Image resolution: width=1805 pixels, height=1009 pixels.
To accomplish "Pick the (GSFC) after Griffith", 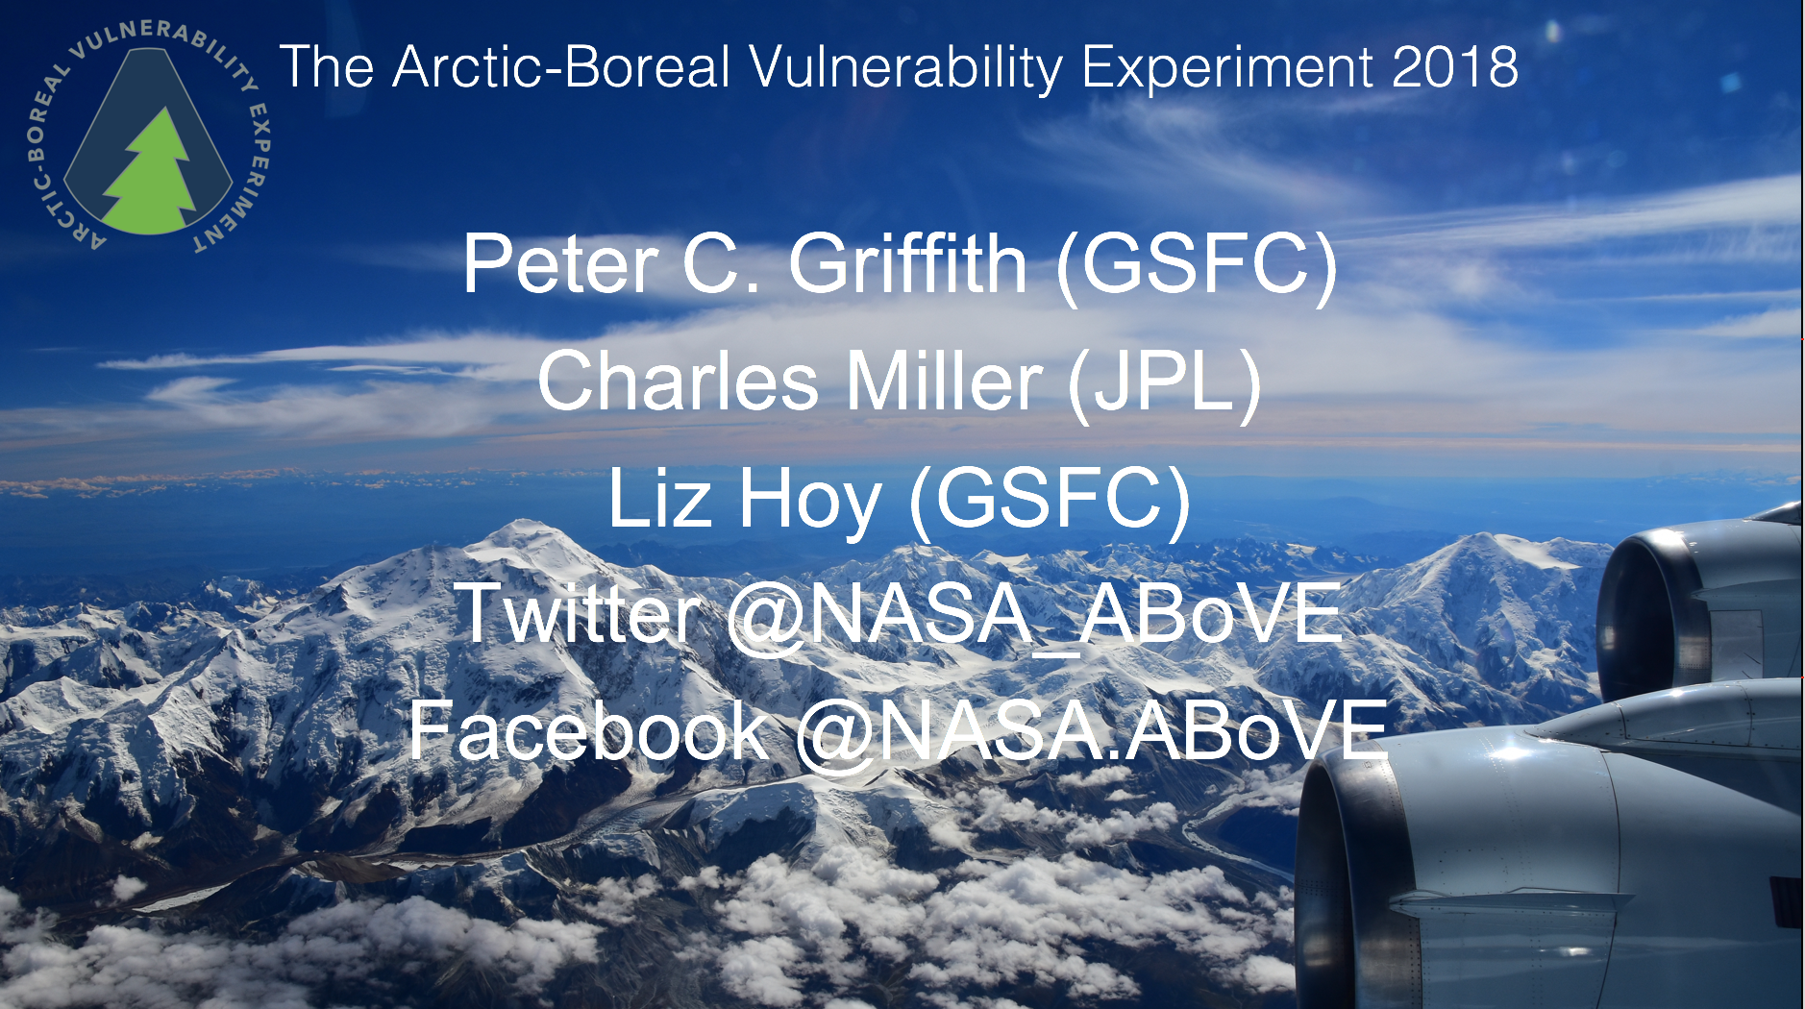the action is pyautogui.click(x=1197, y=264).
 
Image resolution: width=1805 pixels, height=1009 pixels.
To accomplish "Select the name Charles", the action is pyautogui.click(x=678, y=381).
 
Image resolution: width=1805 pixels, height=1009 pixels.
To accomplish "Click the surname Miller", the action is pyautogui.click(x=944, y=381).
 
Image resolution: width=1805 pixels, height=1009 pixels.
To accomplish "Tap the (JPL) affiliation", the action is pyautogui.click(x=1165, y=382).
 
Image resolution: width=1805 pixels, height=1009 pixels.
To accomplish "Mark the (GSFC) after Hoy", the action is pyautogui.click(x=1050, y=500).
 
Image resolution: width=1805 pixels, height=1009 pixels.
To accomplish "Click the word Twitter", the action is pyautogui.click(x=578, y=613).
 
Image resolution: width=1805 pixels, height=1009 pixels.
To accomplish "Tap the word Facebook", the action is pyautogui.click(x=588, y=730).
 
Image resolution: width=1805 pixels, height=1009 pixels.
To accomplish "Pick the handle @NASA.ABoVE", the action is pyautogui.click(x=1092, y=732).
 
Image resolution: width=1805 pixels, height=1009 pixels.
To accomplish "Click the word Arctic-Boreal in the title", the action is pyautogui.click(x=561, y=67).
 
